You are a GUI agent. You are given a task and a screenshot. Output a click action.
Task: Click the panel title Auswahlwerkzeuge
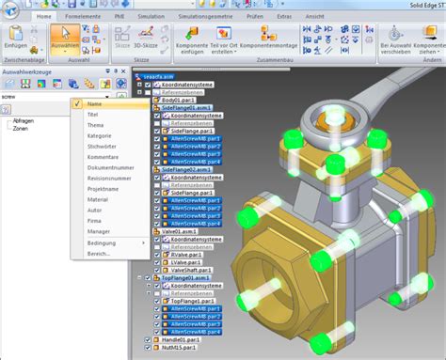click(x=32, y=70)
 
